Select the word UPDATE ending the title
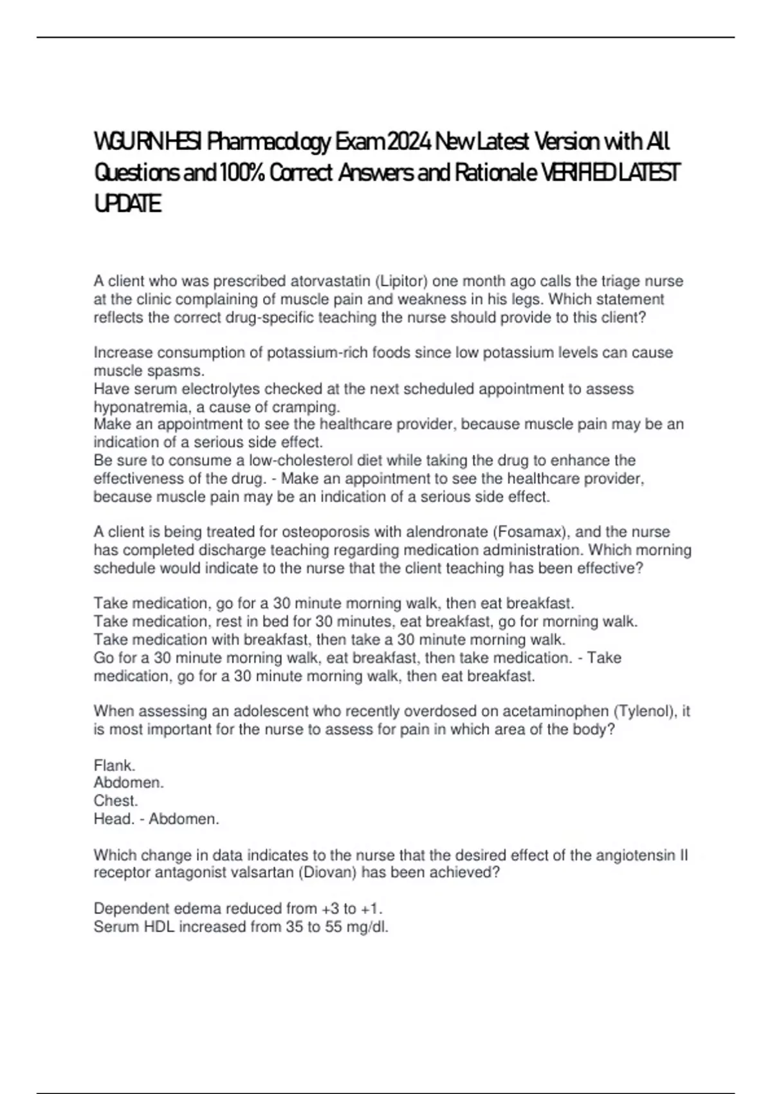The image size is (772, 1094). pyautogui.click(x=127, y=205)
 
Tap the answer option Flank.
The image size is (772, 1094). pyautogui.click(x=115, y=766)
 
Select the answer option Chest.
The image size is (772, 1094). pyautogui.click(x=116, y=801)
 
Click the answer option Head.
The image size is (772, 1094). pyautogui.click(x=113, y=819)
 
